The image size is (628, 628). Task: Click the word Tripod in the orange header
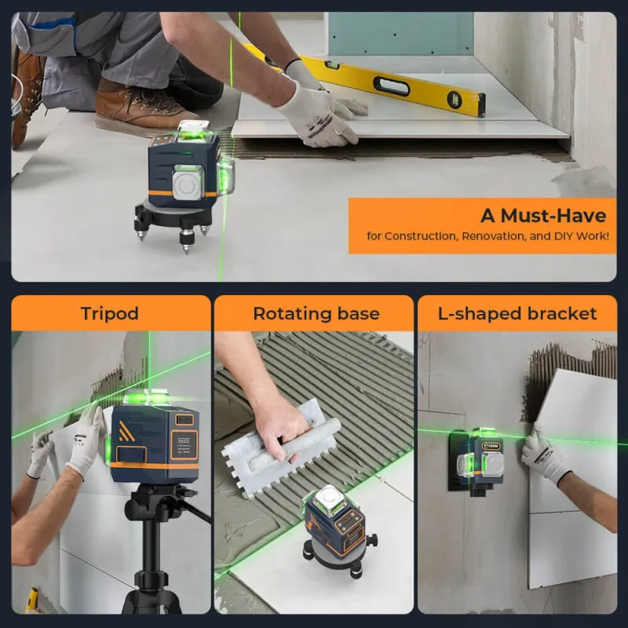(110, 313)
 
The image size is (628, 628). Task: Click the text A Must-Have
(543, 215)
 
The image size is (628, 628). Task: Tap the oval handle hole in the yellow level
(391, 86)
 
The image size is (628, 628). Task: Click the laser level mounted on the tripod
(153, 440)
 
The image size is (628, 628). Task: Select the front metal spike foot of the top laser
(185, 242)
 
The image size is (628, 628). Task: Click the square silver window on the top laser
(187, 184)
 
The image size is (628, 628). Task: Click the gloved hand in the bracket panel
(544, 454)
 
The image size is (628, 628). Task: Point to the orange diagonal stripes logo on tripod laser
(126, 432)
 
